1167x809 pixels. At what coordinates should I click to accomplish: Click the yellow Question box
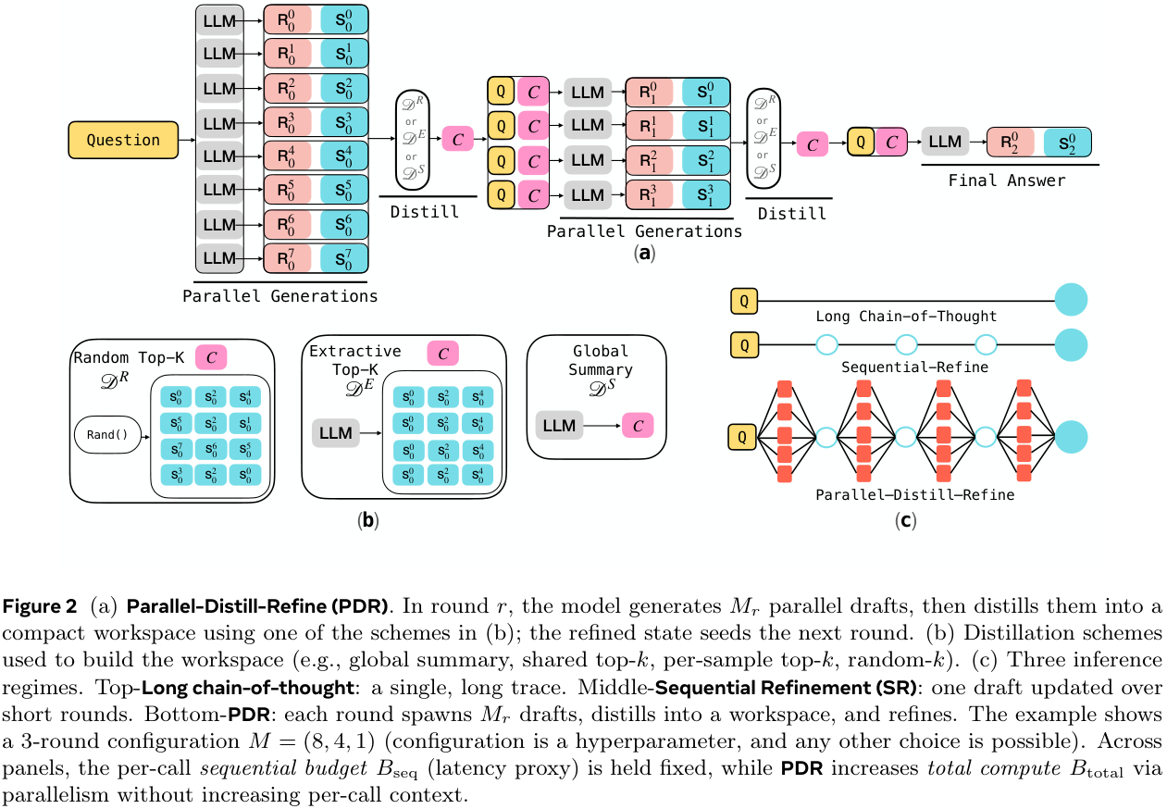pos(123,140)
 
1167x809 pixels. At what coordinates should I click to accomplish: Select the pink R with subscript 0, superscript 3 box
pos(287,122)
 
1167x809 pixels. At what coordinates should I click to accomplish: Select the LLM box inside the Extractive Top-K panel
pos(336,431)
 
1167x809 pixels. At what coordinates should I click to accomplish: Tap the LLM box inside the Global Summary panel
pos(559,426)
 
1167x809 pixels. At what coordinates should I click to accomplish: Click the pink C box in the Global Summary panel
pos(639,426)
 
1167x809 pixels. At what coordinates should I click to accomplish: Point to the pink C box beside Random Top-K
pos(211,356)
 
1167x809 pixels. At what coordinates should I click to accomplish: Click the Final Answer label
pos(1006,180)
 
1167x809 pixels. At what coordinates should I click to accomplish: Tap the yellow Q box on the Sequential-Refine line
pos(743,344)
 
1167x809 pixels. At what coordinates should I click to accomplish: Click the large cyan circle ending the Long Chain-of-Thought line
pos(1071,300)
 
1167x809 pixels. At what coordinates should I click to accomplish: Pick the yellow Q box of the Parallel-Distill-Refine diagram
pos(743,435)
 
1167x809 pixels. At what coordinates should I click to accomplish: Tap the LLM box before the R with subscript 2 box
pos(945,142)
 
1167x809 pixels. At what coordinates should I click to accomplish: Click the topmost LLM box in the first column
pos(219,20)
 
